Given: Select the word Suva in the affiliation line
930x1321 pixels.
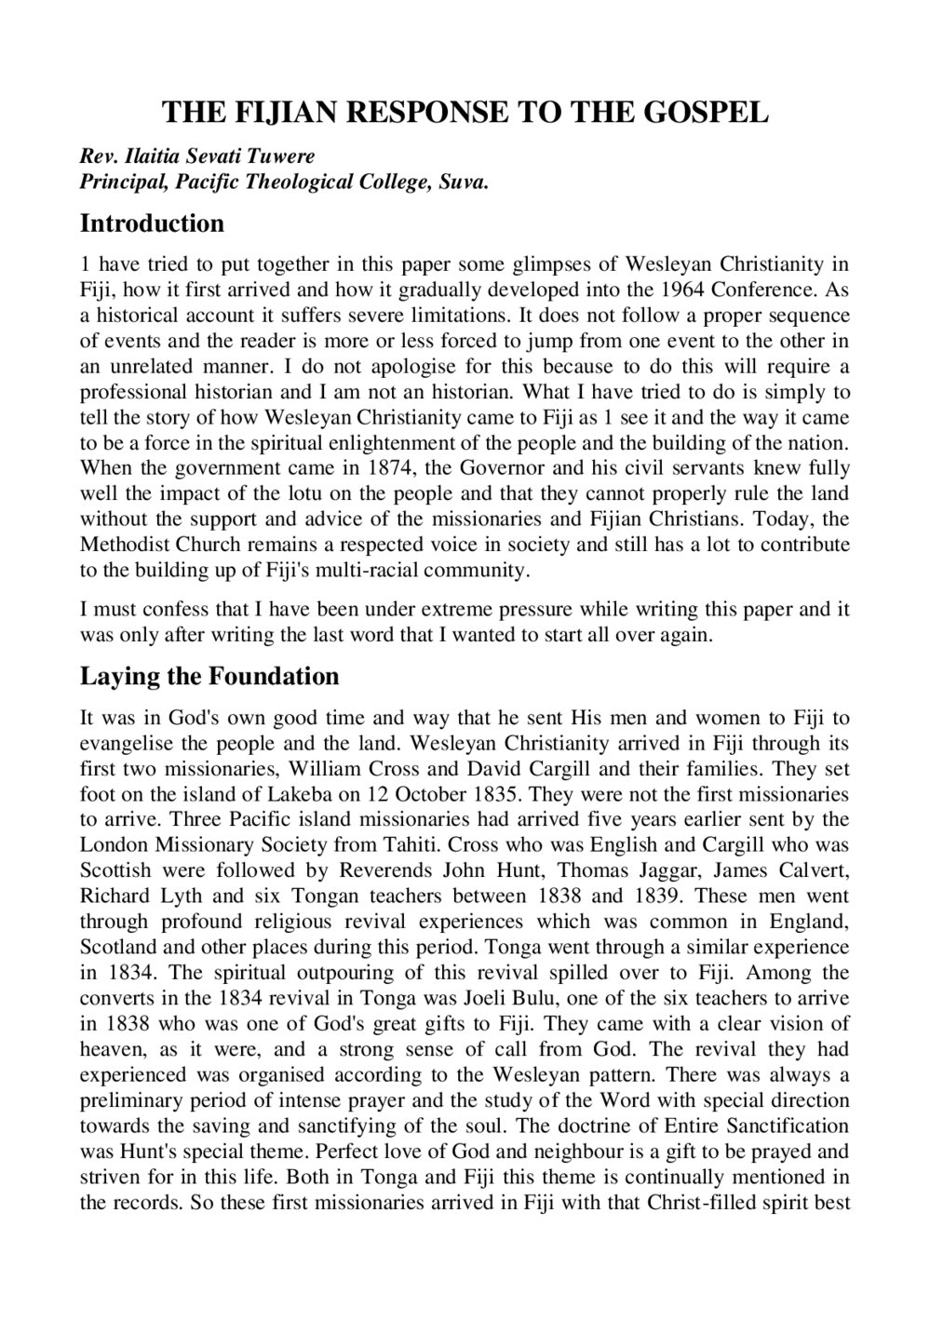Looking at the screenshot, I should (x=464, y=181).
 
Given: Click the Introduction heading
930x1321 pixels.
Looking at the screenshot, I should (x=152, y=223).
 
